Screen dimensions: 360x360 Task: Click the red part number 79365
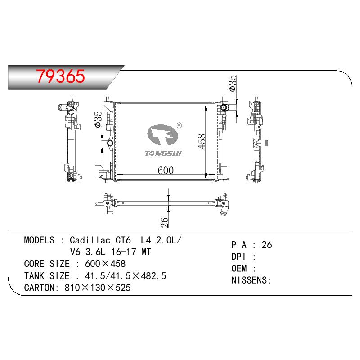point(61,76)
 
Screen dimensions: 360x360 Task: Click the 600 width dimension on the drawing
point(166,171)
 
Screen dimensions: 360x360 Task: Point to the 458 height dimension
point(202,141)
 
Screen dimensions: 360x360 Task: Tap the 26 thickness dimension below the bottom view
point(165,222)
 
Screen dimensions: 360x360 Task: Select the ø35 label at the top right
point(233,83)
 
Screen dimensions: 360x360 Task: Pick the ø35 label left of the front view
point(98,119)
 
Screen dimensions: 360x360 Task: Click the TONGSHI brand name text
point(163,153)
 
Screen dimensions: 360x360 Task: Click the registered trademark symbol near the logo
point(179,126)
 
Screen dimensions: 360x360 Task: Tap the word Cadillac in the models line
point(90,240)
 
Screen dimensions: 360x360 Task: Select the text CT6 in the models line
point(123,240)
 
